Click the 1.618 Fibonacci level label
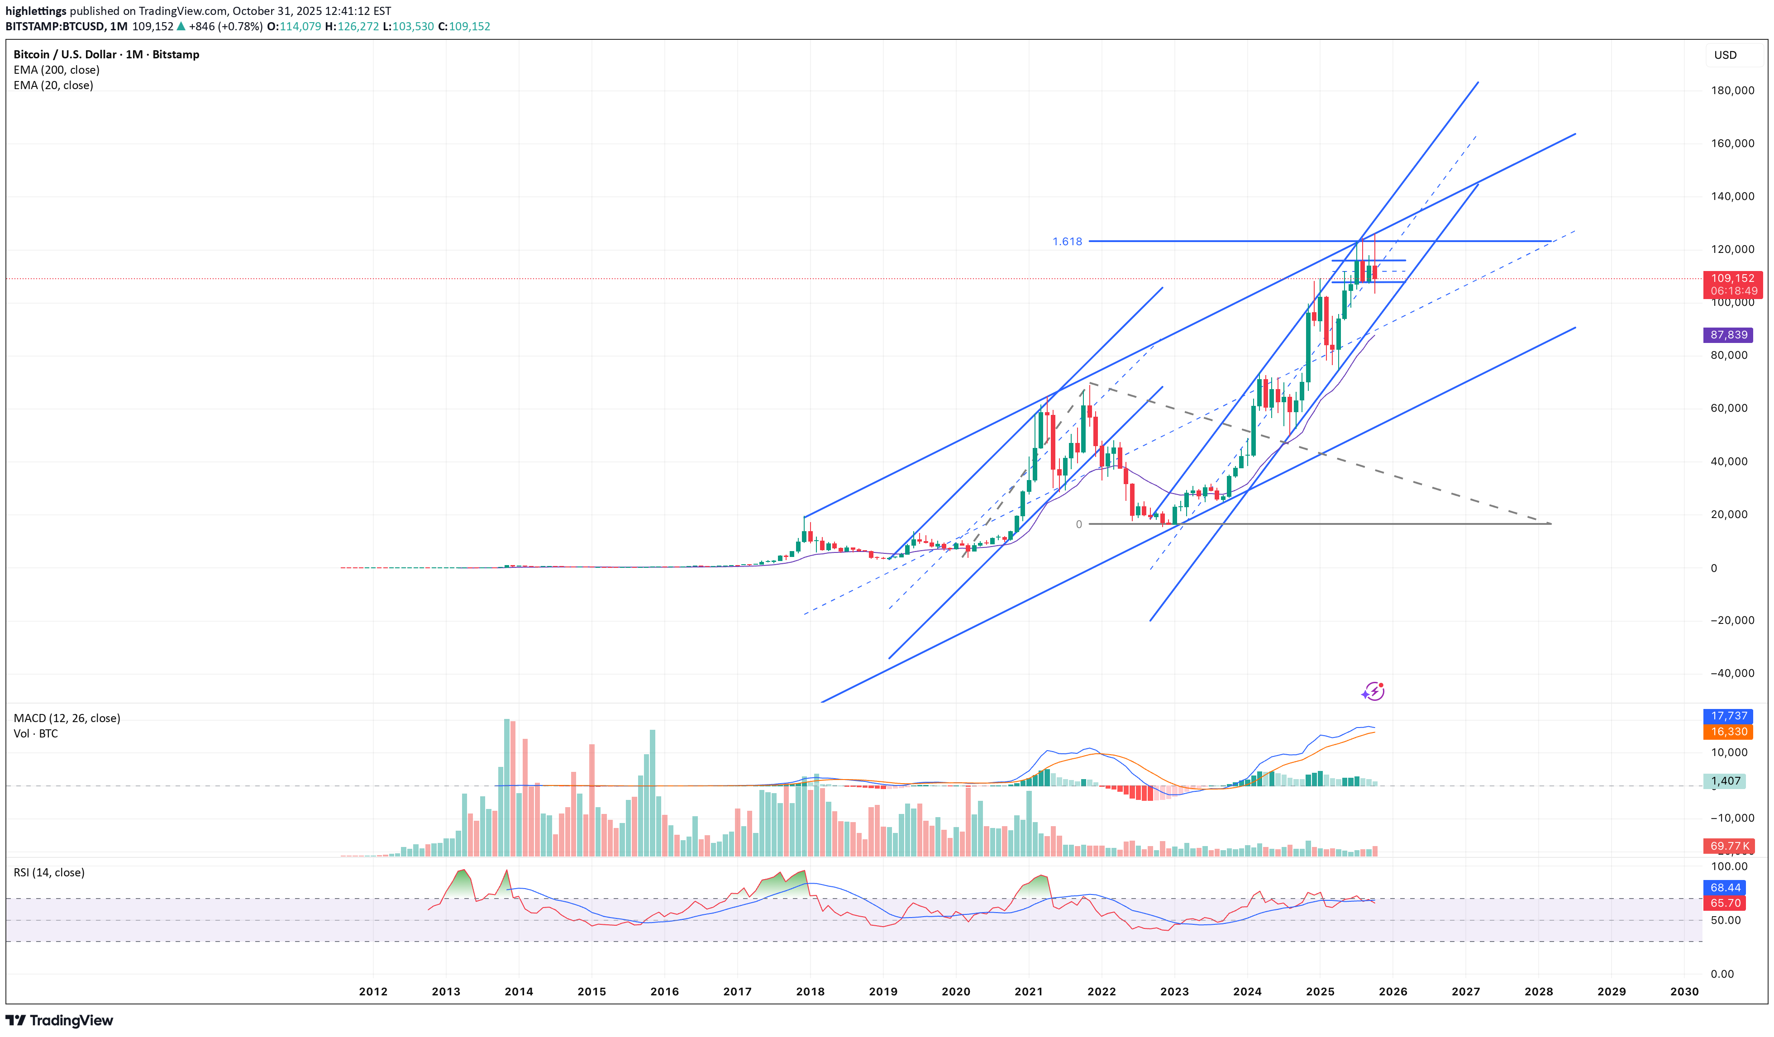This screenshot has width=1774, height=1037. [1067, 242]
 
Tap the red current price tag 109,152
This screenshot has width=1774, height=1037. [1732, 279]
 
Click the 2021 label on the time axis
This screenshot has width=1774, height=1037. [1029, 991]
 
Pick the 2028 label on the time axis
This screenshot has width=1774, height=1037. [1538, 991]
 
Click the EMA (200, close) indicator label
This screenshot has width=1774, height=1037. [56, 70]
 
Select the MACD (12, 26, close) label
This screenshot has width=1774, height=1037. [67, 718]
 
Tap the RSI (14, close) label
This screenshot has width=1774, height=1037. [49, 872]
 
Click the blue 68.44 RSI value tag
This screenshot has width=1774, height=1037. [1726, 888]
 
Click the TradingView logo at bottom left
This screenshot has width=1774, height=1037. [59, 1020]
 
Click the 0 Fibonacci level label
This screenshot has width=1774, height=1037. [1078, 524]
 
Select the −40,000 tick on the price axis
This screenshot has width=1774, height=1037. [1732, 673]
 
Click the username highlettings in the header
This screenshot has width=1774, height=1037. [35, 10]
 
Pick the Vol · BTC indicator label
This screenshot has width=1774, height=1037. [35, 733]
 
